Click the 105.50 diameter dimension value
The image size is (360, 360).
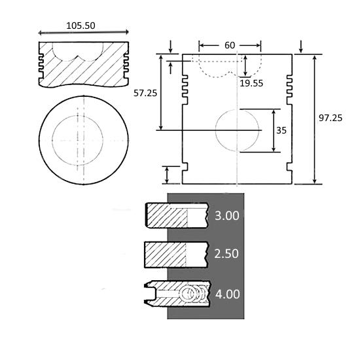click(81, 26)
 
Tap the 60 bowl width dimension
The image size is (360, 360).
click(230, 45)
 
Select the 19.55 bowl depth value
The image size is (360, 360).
click(251, 83)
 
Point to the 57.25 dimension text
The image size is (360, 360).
click(145, 93)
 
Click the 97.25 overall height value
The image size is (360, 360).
click(331, 118)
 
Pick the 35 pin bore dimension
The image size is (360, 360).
click(281, 130)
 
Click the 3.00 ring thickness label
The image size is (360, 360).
click(227, 215)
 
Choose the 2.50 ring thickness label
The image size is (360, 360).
click(226, 254)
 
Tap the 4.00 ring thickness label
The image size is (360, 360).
click(227, 294)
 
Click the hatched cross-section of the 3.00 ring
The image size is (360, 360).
click(167, 216)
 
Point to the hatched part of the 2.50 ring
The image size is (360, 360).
click(166, 255)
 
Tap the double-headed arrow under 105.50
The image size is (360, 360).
click(83, 33)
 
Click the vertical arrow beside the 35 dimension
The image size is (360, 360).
click(274, 131)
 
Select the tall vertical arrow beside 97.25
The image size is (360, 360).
click(315, 119)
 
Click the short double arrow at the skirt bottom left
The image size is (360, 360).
click(167, 175)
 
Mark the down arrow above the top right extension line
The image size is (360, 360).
click(301, 46)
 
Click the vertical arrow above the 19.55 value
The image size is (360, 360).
click(245, 65)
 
